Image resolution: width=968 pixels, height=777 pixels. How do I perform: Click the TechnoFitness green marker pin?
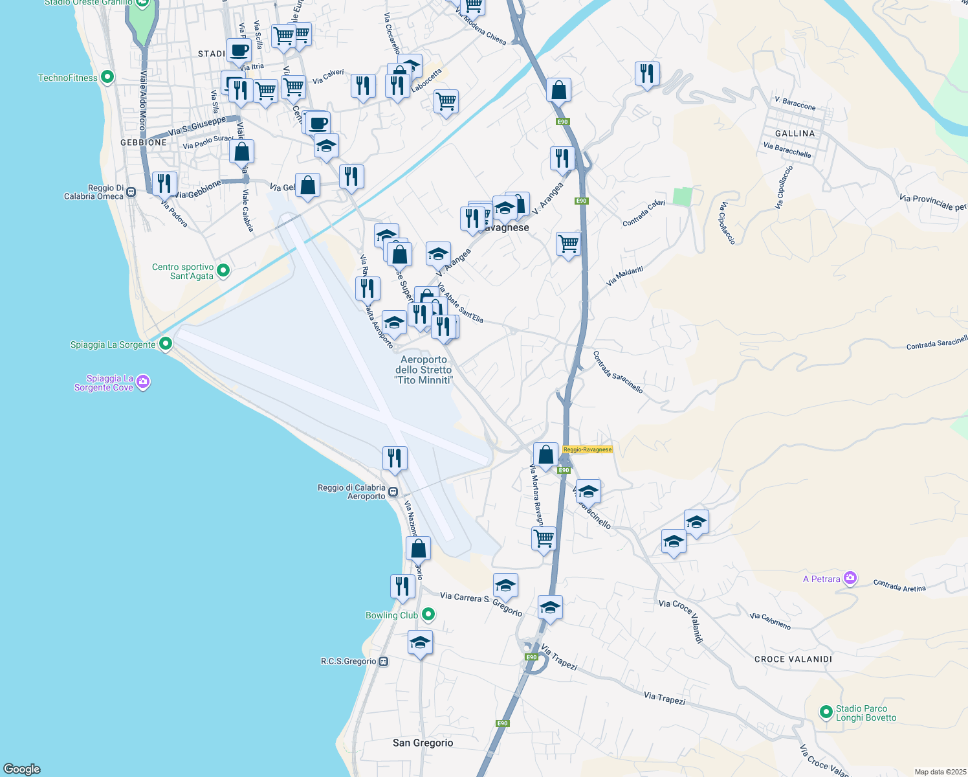(x=107, y=78)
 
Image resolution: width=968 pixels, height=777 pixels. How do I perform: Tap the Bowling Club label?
(x=391, y=615)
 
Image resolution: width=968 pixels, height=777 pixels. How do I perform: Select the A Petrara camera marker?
(x=850, y=578)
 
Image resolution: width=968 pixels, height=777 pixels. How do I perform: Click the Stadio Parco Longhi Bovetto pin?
(x=826, y=712)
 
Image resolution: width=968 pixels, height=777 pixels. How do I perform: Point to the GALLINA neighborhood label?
(x=795, y=133)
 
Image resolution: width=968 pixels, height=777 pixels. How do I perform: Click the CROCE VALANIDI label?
(x=793, y=659)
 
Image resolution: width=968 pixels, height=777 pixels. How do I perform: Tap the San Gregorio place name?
(x=423, y=743)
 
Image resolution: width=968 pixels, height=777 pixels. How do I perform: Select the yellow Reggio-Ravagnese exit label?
(x=587, y=449)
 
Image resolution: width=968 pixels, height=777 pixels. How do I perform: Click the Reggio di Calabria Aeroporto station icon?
(x=393, y=492)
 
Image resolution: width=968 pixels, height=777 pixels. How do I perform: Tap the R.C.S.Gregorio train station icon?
(x=384, y=661)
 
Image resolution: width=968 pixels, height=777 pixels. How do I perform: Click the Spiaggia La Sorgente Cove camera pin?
(x=144, y=383)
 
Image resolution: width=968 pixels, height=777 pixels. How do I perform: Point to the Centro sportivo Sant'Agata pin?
(x=223, y=271)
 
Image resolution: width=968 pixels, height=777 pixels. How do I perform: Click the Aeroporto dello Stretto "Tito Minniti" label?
(x=424, y=370)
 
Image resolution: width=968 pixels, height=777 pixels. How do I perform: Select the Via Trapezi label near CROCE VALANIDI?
(x=664, y=698)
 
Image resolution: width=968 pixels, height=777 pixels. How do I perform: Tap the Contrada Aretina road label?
(x=899, y=586)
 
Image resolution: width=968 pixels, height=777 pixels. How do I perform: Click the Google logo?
(x=22, y=769)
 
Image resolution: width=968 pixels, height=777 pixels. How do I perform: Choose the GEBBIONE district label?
(x=144, y=142)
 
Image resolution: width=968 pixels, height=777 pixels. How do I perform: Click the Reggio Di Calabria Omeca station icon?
(x=131, y=192)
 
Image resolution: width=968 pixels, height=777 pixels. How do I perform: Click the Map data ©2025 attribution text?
(x=940, y=772)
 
